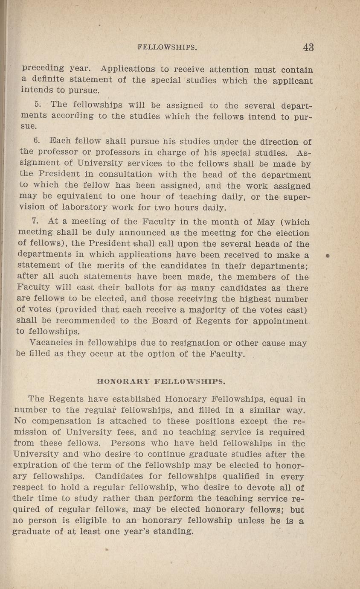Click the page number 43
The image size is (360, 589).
pos(308,47)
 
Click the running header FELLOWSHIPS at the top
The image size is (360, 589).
pos(167,48)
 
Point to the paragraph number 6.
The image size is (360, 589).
pos(36,140)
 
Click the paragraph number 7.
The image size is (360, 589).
pos(35,222)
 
